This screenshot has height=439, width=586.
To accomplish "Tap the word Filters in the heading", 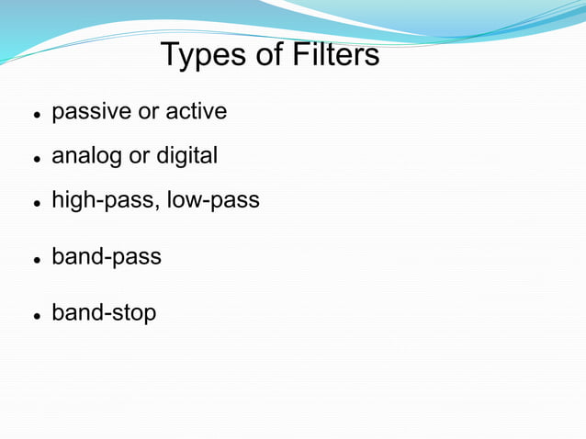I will (x=336, y=55).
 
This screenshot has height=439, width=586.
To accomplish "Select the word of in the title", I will (x=270, y=55).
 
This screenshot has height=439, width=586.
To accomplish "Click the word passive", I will (x=91, y=113).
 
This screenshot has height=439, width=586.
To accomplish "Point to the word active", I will (x=197, y=112).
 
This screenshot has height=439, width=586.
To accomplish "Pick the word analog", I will (x=86, y=157).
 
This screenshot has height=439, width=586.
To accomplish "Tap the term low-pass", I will (x=215, y=200).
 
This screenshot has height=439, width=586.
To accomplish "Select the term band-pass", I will (x=106, y=257).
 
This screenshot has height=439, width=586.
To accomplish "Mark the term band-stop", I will (x=104, y=313).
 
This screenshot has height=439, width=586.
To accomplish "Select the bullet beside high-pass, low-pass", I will (x=35, y=203).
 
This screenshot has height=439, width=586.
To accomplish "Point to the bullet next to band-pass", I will (x=35, y=260).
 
